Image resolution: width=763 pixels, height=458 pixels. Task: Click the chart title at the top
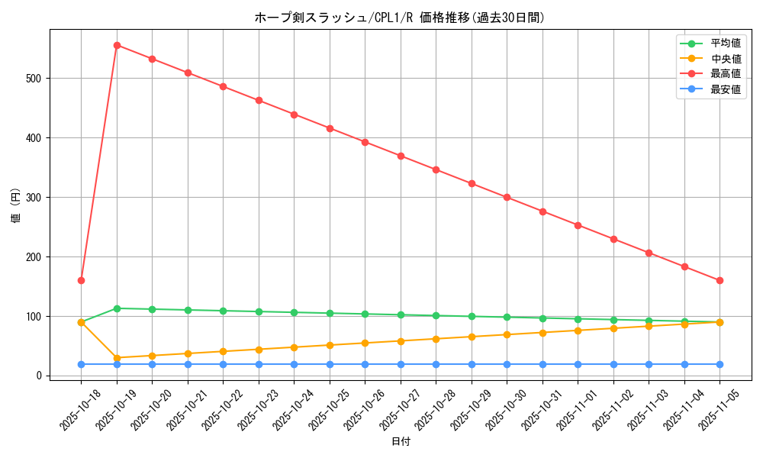[x=400, y=18]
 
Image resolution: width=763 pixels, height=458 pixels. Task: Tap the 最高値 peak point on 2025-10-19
[x=117, y=45]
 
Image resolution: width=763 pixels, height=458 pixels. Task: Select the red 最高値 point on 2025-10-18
[x=81, y=280]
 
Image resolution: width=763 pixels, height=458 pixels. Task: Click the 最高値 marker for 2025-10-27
[x=401, y=156]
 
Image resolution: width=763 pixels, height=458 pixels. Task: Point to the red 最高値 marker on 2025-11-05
[x=720, y=280]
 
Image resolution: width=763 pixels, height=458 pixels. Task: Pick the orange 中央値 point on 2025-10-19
[x=117, y=358]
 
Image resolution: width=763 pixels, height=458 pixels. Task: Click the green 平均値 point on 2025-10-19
[x=117, y=308]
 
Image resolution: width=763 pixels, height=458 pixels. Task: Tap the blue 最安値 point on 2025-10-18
[x=81, y=364]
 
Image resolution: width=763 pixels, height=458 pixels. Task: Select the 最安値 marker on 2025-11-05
[x=720, y=364]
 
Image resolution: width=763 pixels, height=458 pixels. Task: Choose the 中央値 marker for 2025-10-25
[x=330, y=345]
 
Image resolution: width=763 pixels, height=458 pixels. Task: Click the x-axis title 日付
[x=401, y=442]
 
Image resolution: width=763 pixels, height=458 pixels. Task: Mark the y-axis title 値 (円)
[x=16, y=206]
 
